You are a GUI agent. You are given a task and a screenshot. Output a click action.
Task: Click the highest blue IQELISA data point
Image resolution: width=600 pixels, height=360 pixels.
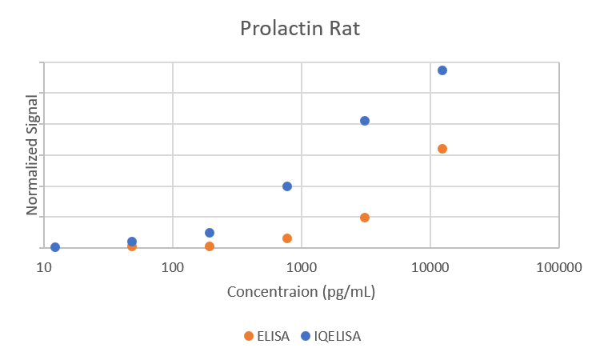tap(442, 70)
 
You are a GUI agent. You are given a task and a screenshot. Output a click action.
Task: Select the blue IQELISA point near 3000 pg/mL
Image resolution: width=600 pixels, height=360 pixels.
tap(365, 121)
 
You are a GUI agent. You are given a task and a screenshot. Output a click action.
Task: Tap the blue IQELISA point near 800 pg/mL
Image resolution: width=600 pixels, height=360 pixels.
tap(287, 186)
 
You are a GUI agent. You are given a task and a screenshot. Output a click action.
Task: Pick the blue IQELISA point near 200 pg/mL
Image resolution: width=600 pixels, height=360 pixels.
tap(210, 233)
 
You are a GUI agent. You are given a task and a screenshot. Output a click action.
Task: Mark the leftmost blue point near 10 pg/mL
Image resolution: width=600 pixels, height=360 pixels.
tap(55, 247)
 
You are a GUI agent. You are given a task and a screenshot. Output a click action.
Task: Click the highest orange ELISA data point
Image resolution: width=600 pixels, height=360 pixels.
tap(442, 149)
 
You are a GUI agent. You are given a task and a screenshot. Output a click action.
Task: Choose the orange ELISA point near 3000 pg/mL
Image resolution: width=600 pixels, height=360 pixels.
tap(365, 218)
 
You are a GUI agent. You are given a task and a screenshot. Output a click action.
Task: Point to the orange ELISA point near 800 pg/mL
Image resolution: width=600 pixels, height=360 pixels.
tap(287, 238)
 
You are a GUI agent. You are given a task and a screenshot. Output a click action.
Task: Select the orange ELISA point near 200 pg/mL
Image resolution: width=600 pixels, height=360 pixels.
tap(210, 246)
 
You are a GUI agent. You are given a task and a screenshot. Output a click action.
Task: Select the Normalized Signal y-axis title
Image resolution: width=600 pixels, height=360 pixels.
tap(33, 155)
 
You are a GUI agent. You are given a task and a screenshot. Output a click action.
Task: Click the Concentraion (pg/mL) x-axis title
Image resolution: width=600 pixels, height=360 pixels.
tap(302, 292)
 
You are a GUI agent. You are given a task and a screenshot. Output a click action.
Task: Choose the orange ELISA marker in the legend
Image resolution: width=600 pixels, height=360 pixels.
tap(249, 336)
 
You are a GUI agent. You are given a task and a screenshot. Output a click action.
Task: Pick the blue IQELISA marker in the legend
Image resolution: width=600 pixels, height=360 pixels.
tap(306, 336)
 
